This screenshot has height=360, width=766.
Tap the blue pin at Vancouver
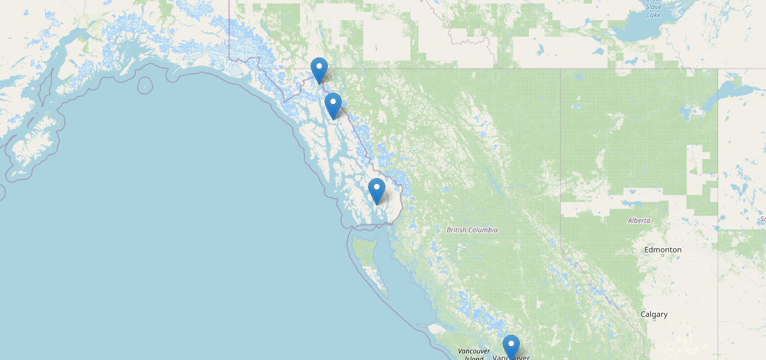point(511,346)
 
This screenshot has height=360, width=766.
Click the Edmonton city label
point(663,249)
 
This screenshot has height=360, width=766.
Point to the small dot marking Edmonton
point(663,255)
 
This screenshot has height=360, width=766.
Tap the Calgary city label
point(654,314)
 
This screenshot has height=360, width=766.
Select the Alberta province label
point(638,220)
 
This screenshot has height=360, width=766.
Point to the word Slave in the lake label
point(653,6)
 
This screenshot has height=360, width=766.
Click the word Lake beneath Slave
point(653,15)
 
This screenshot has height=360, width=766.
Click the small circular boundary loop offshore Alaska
point(144,85)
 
